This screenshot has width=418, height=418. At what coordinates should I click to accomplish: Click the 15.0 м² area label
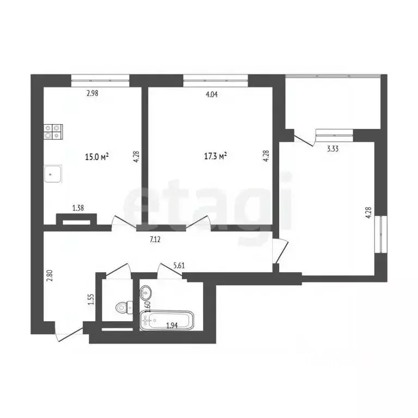(x=97, y=157)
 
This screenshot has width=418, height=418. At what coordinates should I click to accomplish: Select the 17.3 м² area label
(x=216, y=156)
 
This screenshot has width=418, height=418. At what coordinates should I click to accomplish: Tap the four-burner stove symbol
(x=53, y=132)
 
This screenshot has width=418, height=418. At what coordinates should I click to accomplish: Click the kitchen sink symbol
(x=53, y=174)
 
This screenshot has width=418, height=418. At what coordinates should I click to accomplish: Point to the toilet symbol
(x=124, y=307)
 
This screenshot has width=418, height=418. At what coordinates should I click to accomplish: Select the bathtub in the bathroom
(x=167, y=321)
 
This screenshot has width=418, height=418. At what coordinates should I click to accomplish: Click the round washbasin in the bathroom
(x=146, y=293)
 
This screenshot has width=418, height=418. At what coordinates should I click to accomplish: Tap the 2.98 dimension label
(x=92, y=93)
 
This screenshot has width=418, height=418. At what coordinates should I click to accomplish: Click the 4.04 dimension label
(x=212, y=94)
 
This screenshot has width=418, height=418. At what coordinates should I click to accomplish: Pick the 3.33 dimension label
(x=333, y=149)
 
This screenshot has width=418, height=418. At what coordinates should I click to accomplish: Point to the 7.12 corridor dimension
(x=155, y=239)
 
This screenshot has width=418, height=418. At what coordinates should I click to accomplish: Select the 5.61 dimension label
(x=179, y=266)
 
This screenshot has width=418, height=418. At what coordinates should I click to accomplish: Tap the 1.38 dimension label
(x=78, y=208)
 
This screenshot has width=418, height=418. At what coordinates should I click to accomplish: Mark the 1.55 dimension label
(x=91, y=299)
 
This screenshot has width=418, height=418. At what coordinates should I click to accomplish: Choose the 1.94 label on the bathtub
(x=171, y=325)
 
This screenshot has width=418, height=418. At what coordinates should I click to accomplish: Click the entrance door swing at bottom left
(x=69, y=333)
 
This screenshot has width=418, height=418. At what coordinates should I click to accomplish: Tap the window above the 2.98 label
(x=100, y=80)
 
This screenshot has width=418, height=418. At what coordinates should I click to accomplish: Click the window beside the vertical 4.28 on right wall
(x=380, y=234)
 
